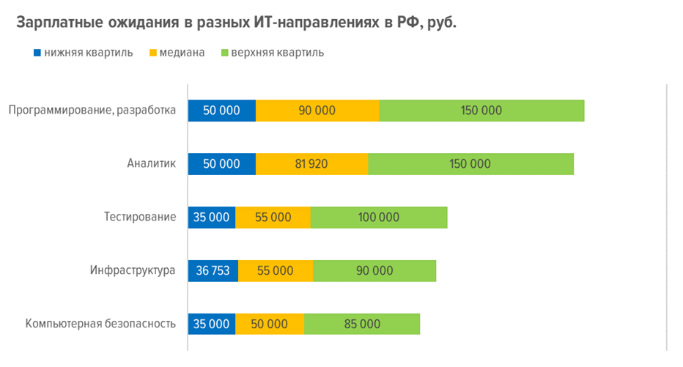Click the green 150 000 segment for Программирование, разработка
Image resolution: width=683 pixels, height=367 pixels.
point(481,111)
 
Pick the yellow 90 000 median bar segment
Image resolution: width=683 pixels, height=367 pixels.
point(317,111)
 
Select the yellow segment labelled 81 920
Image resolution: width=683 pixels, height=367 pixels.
point(311,164)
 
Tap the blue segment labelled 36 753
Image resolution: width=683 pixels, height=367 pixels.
point(213,270)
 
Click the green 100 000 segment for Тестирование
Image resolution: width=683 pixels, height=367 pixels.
point(379,217)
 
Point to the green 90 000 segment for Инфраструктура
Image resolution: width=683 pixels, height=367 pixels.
point(374,270)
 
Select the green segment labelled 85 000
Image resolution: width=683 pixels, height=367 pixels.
point(362,324)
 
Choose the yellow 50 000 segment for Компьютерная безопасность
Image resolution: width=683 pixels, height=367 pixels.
point(270,324)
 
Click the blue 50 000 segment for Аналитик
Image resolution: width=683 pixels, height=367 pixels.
point(222,164)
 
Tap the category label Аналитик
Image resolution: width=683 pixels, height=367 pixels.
point(151,163)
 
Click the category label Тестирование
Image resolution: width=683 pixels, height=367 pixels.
point(139,217)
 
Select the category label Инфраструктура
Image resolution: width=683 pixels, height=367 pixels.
point(133,270)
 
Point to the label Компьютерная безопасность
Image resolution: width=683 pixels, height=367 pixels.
point(101,324)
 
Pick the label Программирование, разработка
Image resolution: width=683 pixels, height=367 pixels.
point(92,111)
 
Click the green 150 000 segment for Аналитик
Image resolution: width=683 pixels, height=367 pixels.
point(470,164)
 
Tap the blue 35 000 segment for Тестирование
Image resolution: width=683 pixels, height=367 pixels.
point(212,217)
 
